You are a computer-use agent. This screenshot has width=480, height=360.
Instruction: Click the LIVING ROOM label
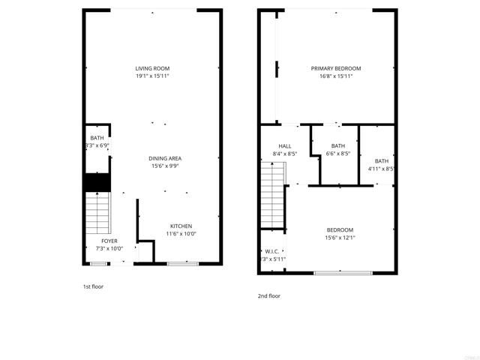tap(152, 68)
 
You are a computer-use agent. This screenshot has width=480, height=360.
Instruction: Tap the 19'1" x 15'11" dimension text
tap(152, 76)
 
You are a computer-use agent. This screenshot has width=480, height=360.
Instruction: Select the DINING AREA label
tap(164, 158)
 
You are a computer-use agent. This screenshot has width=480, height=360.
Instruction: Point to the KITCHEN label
tap(181, 226)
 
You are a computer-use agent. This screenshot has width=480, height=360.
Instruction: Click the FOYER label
tap(109, 241)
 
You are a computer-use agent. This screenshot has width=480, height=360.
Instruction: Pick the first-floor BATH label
tap(97, 138)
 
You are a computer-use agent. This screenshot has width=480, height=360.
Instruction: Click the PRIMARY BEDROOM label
tap(336, 68)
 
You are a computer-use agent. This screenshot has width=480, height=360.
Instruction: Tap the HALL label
tap(284, 146)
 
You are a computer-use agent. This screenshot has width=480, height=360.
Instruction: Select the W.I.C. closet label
tap(271, 251)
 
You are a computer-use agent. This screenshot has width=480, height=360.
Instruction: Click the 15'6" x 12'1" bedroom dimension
tap(340, 238)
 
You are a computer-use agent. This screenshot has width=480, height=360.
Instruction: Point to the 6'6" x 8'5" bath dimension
tap(338, 154)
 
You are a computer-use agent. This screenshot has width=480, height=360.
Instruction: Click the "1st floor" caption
tap(94, 286)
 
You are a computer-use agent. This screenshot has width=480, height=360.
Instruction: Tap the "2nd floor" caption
tap(268, 295)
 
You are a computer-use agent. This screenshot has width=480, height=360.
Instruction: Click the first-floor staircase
tap(97, 213)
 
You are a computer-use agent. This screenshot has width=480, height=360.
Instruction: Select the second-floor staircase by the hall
tap(273, 198)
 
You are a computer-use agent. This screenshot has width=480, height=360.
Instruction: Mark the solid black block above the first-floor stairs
tap(97, 182)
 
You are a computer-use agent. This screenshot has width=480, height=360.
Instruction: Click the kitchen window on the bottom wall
tap(182, 263)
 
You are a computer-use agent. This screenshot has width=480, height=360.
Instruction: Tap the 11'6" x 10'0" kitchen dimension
tap(181, 233)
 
